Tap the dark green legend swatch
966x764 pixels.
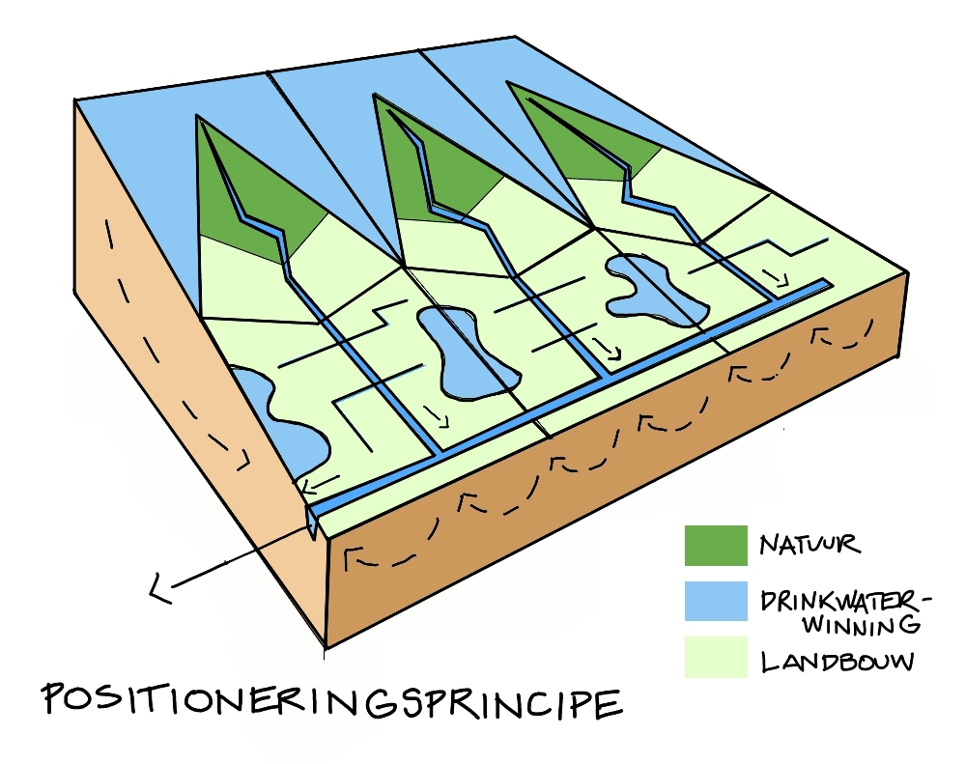click(x=715, y=546)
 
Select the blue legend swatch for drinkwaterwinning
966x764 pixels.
click(x=715, y=601)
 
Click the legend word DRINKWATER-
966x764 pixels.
click(x=844, y=600)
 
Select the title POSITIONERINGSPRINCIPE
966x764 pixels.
click(x=329, y=703)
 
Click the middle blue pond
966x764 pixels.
click(x=464, y=353)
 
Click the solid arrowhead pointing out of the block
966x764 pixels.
click(x=157, y=586)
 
